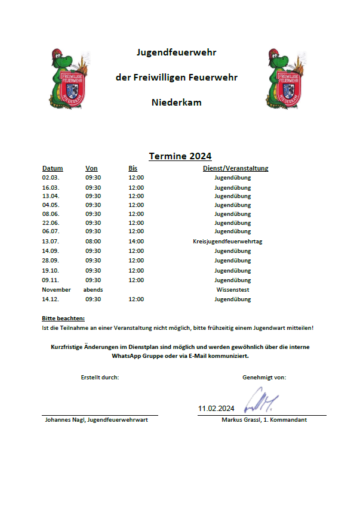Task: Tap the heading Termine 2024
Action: click(180, 156)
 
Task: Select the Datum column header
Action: click(53, 168)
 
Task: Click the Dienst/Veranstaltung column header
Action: click(235, 168)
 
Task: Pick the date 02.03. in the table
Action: click(51, 178)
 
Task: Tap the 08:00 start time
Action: click(93, 241)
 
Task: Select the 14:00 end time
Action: click(136, 241)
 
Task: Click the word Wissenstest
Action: click(233, 290)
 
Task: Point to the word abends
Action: click(93, 290)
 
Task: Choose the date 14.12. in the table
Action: click(51, 299)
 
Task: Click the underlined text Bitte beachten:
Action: click(63, 319)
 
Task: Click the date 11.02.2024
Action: click(216, 409)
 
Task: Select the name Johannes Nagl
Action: click(65, 420)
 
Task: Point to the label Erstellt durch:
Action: click(100, 377)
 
